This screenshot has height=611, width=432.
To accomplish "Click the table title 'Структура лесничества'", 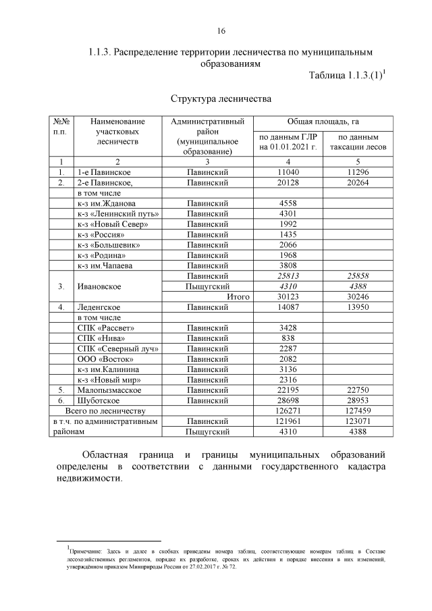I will [221, 99].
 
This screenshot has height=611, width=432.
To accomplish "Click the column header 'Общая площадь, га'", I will [323, 122].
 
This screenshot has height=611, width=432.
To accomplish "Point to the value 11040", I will [288, 173].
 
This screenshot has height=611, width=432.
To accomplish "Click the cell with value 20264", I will [357, 183].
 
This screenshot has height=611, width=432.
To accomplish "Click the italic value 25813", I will [288, 276].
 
